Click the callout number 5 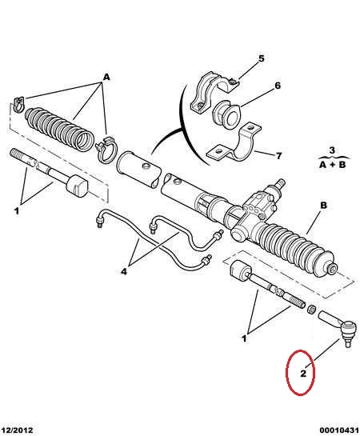coord(261,58)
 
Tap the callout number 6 coord(278,86)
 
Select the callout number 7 coord(279,156)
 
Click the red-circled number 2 coord(303,373)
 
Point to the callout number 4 coord(124,271)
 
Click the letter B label coord(323,206)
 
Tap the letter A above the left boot coord(106,77)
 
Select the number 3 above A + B coord(332,150)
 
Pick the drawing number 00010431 coord(339,430)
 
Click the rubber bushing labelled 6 coord(227,114)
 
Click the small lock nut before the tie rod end coord(311,309)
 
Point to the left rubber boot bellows coord(60,129)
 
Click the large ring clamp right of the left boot coord(106,149)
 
